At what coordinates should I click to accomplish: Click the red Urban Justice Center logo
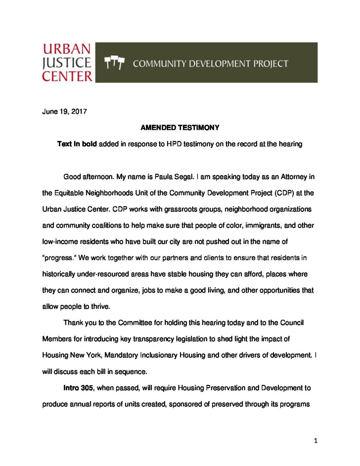click(67, 63)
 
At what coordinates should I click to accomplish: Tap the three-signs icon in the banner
click(114, 63)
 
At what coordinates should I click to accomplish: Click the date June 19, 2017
click(64, 111)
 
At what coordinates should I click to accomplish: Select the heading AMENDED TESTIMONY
click(180, 128)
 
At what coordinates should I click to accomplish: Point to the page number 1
click(315, 440)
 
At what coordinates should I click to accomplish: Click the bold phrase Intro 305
click(78, 388)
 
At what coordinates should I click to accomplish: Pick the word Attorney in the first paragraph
click(294, 177)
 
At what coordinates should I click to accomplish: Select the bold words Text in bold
click(77, 144)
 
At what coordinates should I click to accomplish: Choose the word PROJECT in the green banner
click(270, 64)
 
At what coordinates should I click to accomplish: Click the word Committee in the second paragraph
click(135, 323)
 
